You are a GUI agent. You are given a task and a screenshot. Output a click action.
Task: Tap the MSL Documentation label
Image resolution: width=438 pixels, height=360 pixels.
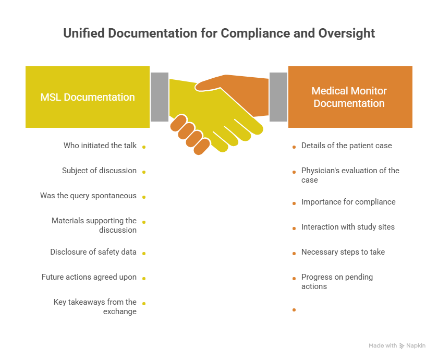coord(88,97)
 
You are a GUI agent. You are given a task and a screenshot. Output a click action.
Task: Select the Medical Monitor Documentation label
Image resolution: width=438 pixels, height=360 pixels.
coord(349,97)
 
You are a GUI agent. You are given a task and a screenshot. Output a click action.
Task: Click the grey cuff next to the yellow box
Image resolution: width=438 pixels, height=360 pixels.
coord(160,97)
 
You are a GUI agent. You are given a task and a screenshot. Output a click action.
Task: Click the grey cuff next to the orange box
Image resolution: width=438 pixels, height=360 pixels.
coord(278,97)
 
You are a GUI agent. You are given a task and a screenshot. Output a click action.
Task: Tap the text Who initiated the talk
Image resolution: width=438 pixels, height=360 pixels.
coord(100,146)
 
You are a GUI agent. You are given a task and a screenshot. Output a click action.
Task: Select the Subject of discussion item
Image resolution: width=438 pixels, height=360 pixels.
coord(99,171)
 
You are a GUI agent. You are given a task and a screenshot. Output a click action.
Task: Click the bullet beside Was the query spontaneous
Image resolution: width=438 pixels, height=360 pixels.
coord(144,197)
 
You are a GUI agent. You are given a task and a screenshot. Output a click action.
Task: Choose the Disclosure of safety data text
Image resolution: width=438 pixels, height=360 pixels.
coord(93,252)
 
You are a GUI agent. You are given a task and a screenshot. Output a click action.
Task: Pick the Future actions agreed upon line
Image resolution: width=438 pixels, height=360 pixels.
coord(89,277)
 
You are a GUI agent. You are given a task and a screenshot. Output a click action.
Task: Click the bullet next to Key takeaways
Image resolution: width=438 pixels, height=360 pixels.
coord(144,304)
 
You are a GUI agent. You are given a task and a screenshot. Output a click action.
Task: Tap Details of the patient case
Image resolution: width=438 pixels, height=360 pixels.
coord(346,146)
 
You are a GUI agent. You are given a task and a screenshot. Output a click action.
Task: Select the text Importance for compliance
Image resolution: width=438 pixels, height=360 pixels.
coord(348,202)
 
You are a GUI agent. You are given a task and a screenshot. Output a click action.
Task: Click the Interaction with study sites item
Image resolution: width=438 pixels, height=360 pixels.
coord(348,227)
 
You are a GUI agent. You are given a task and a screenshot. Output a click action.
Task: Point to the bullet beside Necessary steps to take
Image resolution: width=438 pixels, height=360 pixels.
coord(294,254)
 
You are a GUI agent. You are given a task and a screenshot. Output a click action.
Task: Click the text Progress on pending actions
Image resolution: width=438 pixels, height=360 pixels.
coord(337,281)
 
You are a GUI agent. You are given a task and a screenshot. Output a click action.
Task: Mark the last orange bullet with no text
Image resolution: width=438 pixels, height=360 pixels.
coord(294,310)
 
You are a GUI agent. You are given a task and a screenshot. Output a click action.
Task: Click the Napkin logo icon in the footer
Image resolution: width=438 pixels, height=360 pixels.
coord(401,346)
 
